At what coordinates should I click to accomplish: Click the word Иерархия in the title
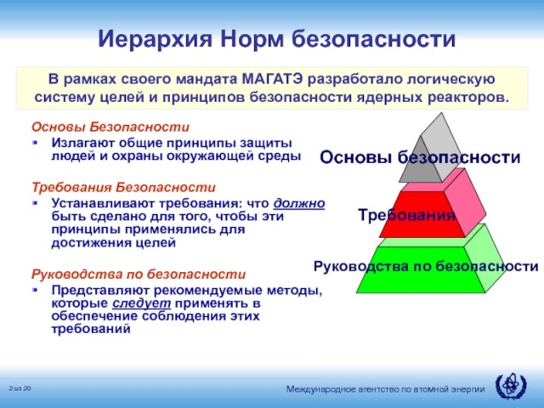pos(155,38)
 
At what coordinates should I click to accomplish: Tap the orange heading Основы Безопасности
pos(110,127)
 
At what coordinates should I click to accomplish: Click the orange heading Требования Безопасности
pos(123,187)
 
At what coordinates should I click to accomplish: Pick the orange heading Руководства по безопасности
pos(139,274)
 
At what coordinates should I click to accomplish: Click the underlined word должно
pos(299,203)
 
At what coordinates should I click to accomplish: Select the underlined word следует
pos(142,303)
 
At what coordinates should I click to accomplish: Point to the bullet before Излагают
pos(35,142)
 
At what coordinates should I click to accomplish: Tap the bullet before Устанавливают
pos(35,202)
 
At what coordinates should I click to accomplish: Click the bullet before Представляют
pos(35,289)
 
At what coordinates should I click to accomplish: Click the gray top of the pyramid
pos(431,153)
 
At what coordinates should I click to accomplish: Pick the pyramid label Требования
pos(406,215)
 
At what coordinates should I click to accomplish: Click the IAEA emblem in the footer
pos(511,386)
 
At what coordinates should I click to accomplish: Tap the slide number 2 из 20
pos(20,388)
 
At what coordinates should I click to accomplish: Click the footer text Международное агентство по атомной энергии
pos(385,389)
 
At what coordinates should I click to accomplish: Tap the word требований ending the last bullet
pos(91,329)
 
